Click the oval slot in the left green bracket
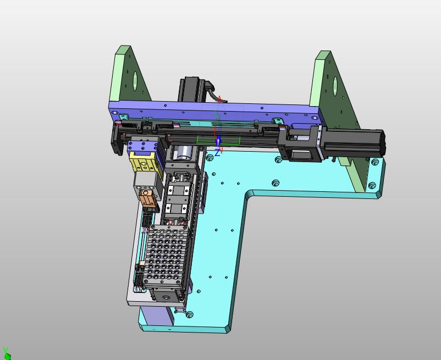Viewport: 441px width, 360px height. (x=135, y=79)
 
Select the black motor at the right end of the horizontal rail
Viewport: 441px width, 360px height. (x=353, y=143)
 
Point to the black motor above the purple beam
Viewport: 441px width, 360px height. (x=191, y=88)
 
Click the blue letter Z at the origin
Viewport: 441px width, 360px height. (x=217, y=153)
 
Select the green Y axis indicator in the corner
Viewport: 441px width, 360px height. (x=7, y=354)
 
